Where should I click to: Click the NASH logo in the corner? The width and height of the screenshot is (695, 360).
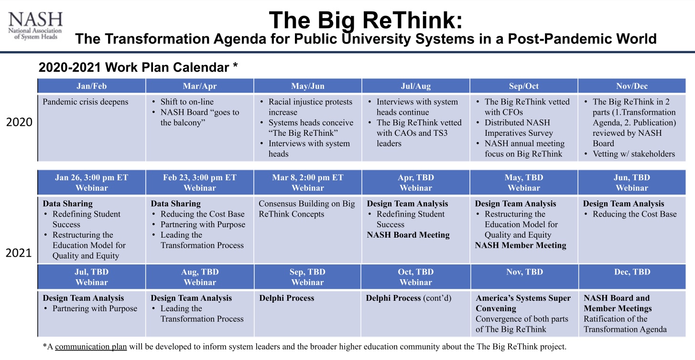(x=35, y=26)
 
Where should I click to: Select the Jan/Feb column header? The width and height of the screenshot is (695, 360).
(x=91, y=86)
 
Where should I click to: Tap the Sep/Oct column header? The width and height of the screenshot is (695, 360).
(x=524, y=86)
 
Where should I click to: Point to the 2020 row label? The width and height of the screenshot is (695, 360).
(x=19, y=122)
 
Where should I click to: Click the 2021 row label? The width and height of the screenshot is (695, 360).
(x=19, y=253)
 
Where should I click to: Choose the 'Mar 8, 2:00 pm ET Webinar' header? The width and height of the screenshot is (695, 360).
(x=308, y=183)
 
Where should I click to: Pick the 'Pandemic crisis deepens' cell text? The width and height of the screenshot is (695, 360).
(x=86, y=102)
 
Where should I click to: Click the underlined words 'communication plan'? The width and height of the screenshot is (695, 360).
(x=91, y=346)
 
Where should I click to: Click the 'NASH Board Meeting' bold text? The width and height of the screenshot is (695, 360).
(x=408, y=235)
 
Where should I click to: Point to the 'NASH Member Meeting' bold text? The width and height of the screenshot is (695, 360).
(x=521, y=245)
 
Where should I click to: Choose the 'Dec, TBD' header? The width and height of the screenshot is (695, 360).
(x=632, y=272)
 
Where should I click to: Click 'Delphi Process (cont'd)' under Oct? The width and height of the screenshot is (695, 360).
(x=409, y=298)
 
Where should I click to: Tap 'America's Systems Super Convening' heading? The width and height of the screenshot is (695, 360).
(x=523, y=303)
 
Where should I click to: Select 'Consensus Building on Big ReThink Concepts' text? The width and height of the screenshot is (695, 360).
(x=306, y=209)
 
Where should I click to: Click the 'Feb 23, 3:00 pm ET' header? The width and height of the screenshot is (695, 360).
(x=199, y=177)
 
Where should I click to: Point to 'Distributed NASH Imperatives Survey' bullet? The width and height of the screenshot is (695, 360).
(x=518, y=128)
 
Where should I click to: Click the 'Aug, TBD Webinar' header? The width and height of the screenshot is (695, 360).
(x=200, y=277)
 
